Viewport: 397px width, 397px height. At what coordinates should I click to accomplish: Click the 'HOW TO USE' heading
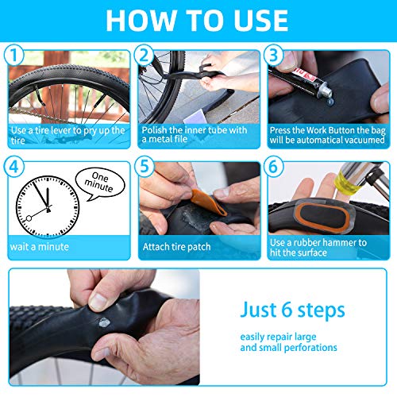pyautogui.click(x=198, y=19)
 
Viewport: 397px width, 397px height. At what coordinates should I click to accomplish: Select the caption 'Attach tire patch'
pyautogui.click(x=176, y=247)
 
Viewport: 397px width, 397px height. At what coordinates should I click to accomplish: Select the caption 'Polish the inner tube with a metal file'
pyautogui.click(x=195, y=134)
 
